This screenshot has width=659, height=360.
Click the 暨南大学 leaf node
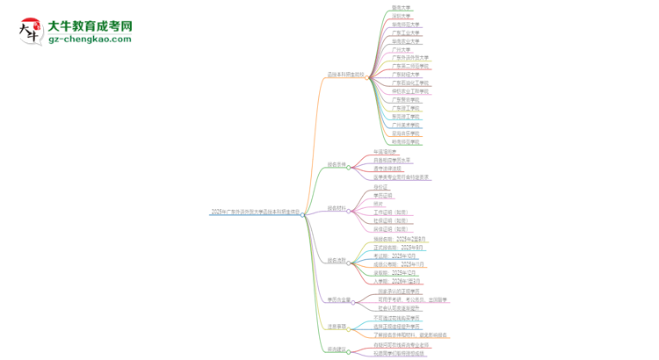[x=401, y=8]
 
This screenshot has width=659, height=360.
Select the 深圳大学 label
[x=401, y=16]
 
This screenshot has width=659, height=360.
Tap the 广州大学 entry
[x=401, y=49]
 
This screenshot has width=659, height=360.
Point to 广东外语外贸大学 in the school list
[x=410, y=58]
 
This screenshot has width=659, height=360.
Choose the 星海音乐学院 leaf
[x=406, y=133]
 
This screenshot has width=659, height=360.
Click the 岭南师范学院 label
[x=406, y=141]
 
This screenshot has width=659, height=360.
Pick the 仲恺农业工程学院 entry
[x=410, y=91]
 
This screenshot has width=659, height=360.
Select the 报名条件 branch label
[x=337, y=164]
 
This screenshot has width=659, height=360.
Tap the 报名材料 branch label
[x=337, y=209]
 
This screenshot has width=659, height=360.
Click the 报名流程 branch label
[x=337, y=261]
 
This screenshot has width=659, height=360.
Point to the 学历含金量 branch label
[x=338, y=300]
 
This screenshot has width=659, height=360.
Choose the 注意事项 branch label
[x=337, y=327]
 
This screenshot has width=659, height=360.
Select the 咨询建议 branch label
[x=337, y=349]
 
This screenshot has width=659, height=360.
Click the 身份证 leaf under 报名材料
[x=380, y=186]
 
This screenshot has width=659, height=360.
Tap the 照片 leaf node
[x=378, y=203]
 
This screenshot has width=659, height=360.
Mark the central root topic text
[x=255, y=212]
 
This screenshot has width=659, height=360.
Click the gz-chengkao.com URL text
[x=91, y=40]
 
